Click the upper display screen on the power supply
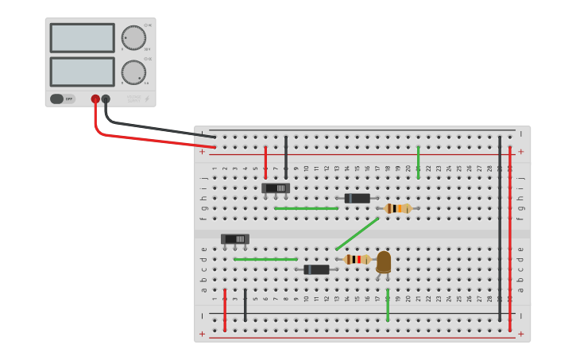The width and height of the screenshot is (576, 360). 82,37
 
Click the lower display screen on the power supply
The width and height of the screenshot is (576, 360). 82,72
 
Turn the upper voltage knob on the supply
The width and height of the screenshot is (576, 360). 133,37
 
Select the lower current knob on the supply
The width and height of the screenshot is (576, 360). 133,72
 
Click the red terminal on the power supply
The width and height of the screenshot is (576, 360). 95,99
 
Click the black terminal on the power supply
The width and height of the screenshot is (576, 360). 106,99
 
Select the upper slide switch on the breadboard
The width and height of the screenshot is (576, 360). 276,188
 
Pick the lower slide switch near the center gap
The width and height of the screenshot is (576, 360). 235,238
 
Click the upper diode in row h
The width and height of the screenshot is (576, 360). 357,198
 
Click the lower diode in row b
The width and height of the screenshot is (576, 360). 316,269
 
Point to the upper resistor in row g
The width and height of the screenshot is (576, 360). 397,208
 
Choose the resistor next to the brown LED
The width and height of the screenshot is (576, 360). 357,259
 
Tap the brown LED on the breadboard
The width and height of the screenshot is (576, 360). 384,261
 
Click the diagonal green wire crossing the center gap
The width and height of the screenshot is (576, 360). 357,234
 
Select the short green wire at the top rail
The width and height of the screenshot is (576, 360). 418,162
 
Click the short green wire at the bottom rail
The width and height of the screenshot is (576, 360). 388,305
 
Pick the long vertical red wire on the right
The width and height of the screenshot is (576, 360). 509,238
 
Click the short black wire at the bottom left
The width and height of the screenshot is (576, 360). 245,305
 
